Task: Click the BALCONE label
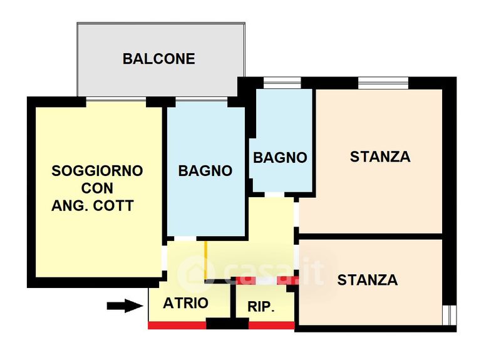tap(159, 59)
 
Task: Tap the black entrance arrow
tap(125, 306)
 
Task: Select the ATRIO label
tap(185, 303)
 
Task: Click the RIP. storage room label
tap(261, 307)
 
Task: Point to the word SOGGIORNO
tap(97, 171)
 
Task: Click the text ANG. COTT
tap(92, 206)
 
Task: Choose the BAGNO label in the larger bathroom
tap(205, 171)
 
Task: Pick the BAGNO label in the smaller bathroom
tap(280, 158)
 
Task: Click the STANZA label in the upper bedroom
tap(380, 157)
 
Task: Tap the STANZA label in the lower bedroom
tap(368, 280)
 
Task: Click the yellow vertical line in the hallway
tap(206, 260)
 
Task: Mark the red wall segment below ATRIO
tap(177, 326)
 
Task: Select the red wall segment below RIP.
tap(272, 326)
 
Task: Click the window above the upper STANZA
tap(383, 83)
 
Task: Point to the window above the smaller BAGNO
tap(282, 83)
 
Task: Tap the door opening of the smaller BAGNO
tap(274, 195)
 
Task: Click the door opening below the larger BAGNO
tap(185, 239)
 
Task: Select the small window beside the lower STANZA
tap(450, 316)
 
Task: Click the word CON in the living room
tap(97, 188)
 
